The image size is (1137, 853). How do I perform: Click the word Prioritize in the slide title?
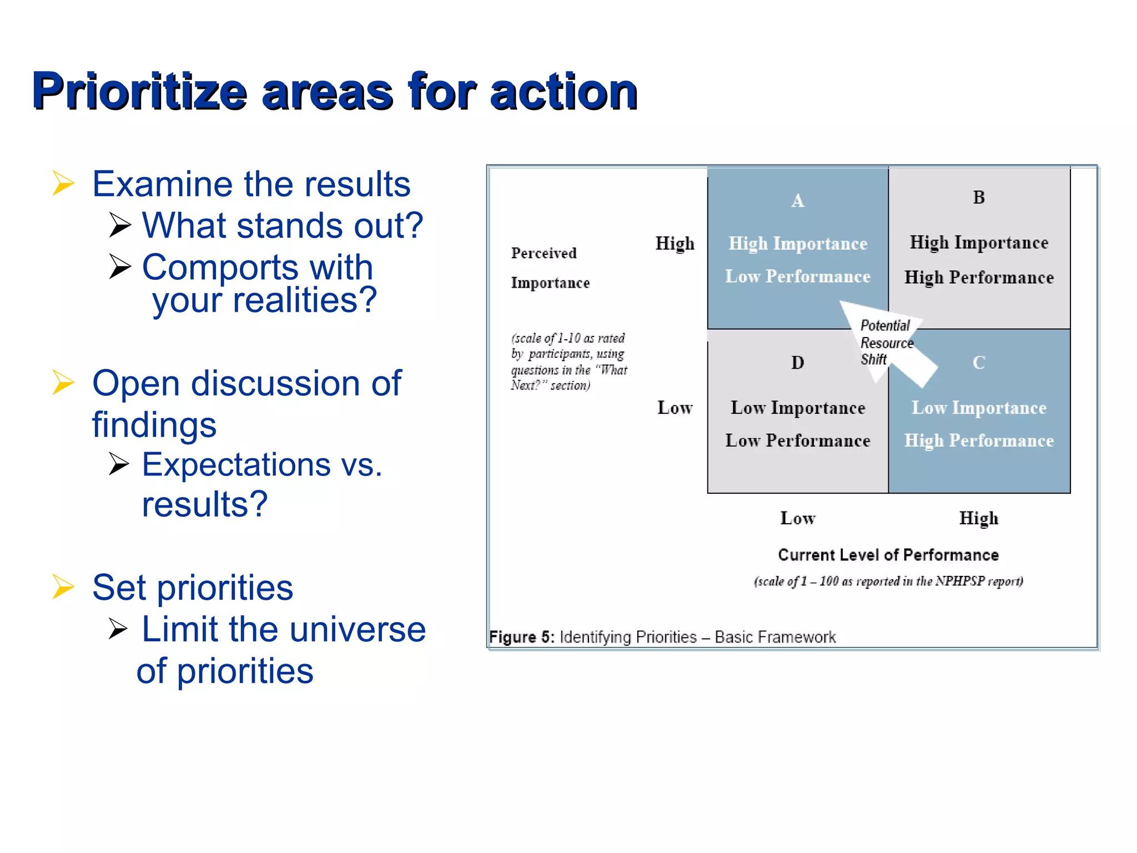click(x=139, y=92)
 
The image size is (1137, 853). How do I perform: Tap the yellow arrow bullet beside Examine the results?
click(x=63, y=183)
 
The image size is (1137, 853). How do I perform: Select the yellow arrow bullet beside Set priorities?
click(x=63, y=586)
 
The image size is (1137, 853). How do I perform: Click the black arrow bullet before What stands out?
click(x=120, y=225)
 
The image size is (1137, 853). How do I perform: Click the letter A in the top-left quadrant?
click(x=797, y=200)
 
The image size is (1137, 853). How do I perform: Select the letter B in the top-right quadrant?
click(x=979, y=197)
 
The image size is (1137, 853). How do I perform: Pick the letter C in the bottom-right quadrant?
click(x=979, y=363)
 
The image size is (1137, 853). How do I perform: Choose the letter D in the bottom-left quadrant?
click(x=797, y=363)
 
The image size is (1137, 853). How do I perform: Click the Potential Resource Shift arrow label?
click(x=886, y=343)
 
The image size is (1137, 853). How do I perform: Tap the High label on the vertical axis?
click(x=675, y=243)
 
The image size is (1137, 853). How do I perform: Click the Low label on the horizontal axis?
click(x=797, y=518)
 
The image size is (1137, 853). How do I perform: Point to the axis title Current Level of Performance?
click(x=888, y=555)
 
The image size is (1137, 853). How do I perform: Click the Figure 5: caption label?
click(x=521, y=637)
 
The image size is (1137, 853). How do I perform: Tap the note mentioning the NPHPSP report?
click(x=888, y=581)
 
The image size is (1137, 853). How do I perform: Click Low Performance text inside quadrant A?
click(x=797, y=277)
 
